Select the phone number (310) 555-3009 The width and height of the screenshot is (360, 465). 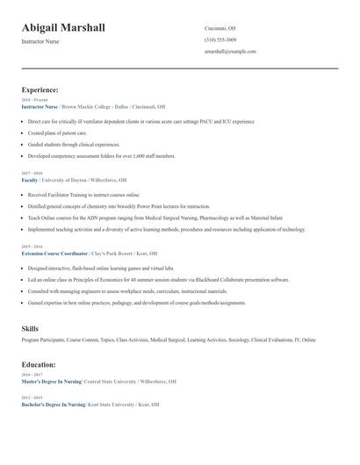[220, 39]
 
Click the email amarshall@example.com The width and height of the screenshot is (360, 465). [230, 51]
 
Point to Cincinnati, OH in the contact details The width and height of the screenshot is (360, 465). [220, 28]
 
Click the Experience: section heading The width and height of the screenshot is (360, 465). [40, 89]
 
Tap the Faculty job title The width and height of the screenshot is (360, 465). [30, 179]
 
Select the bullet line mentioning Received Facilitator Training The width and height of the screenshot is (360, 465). [83, 195]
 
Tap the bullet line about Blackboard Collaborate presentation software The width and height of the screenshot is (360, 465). [158, 279]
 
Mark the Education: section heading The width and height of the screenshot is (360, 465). [39, 364]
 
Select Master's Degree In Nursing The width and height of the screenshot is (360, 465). [52, 382]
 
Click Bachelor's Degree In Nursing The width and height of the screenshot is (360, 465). [54, 404]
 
